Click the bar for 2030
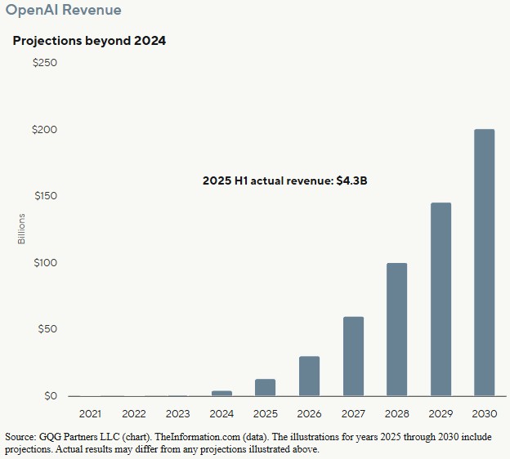click(x=485, y=263)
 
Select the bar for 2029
click(x=441, y=300)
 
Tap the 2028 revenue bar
click(x=396, y=330)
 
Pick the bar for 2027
click(x=353, y=357)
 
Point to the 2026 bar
click(x=309, y=377)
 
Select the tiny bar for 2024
click(x=221, y=394)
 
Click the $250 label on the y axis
click(x=44, y=64)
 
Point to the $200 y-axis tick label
click(x=44, y=130)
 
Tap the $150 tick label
click(x=44, y=197)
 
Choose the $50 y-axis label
click(x=47, y=330)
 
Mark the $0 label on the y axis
click(x=50, y=396)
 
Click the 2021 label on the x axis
click(x=90, y=414)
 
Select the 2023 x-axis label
click(x=177, y=414)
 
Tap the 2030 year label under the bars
click(x=485, y=414)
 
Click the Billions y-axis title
click(x=22, y=229)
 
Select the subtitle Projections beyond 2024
click(x=89, y=40)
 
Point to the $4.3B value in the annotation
click(x=351, y=180)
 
